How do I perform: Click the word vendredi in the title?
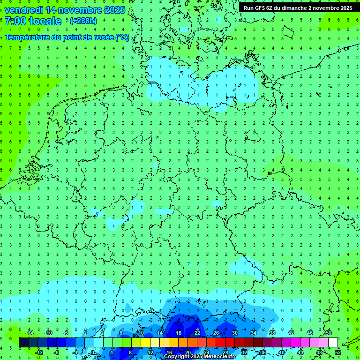23,10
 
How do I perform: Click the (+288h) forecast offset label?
83,21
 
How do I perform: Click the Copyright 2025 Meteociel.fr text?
199,357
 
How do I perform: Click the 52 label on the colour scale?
338,352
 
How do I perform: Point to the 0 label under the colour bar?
93,352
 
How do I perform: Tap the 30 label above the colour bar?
234,333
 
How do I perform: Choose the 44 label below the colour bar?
300,352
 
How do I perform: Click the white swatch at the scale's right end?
333,343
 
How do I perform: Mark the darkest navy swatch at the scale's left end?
23,343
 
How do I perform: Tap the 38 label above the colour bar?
272,333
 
